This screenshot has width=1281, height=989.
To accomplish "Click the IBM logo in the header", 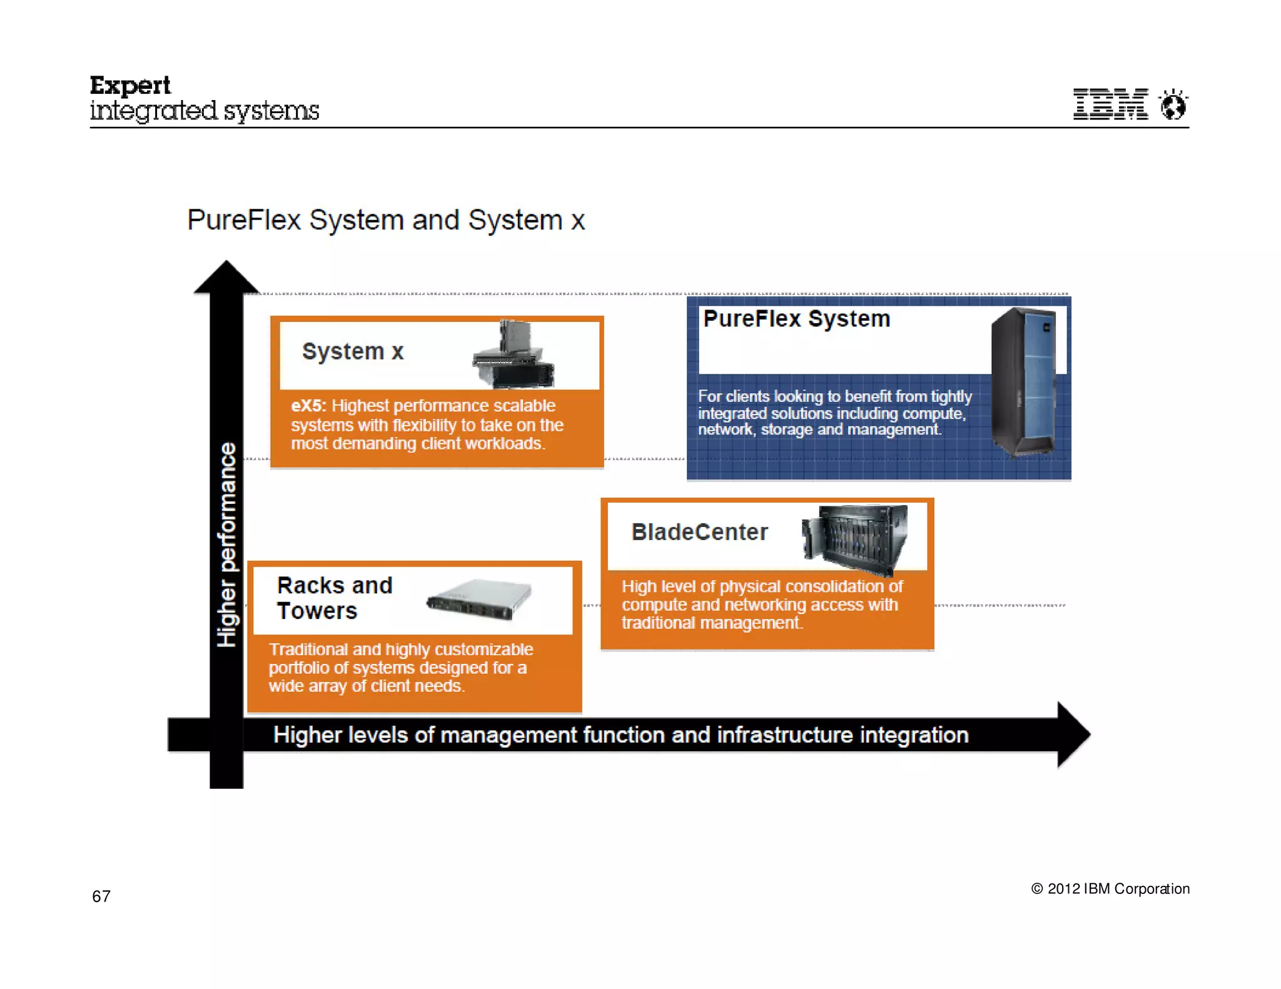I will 1110,104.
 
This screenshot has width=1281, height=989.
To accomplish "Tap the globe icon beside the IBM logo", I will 1173,104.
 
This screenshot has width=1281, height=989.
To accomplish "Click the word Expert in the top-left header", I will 130,86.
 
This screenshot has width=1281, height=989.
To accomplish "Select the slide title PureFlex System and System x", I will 386,220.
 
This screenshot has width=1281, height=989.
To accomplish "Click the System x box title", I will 353,351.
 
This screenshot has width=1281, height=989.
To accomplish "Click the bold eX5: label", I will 308,406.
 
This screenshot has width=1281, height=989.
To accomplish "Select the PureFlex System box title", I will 796,319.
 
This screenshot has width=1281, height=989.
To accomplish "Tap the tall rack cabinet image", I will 1024,383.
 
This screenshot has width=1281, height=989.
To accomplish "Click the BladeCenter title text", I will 699,532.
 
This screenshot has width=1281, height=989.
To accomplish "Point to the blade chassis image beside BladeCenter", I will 855,538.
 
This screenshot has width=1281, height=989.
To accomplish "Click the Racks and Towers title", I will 334,598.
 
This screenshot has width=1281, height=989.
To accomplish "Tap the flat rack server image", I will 479,599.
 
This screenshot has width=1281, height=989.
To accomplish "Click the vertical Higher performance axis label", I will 227,544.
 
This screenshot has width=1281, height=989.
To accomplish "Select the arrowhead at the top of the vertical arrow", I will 226,277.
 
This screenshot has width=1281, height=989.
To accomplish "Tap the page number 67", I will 101,896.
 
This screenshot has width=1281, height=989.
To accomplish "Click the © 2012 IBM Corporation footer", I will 1110,889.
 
